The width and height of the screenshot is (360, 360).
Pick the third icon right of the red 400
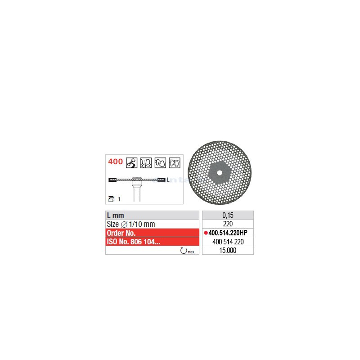(161, 162)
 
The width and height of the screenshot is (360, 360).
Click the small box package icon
(112, 198)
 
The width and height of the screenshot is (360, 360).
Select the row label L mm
(116, 216)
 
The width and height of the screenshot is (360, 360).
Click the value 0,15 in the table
(228, 216)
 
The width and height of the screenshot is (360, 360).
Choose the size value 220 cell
(228, 224)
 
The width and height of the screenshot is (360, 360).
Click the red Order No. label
(122, 233)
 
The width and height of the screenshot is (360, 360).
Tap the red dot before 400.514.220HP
(206, 233)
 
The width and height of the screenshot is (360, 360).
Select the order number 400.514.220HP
(230, 233)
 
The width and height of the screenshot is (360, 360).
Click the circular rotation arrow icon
(183, 250)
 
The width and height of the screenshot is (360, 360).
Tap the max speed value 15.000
(228, 250)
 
